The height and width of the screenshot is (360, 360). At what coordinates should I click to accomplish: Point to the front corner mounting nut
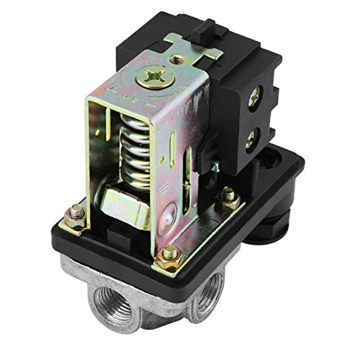(x=171, y=253)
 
